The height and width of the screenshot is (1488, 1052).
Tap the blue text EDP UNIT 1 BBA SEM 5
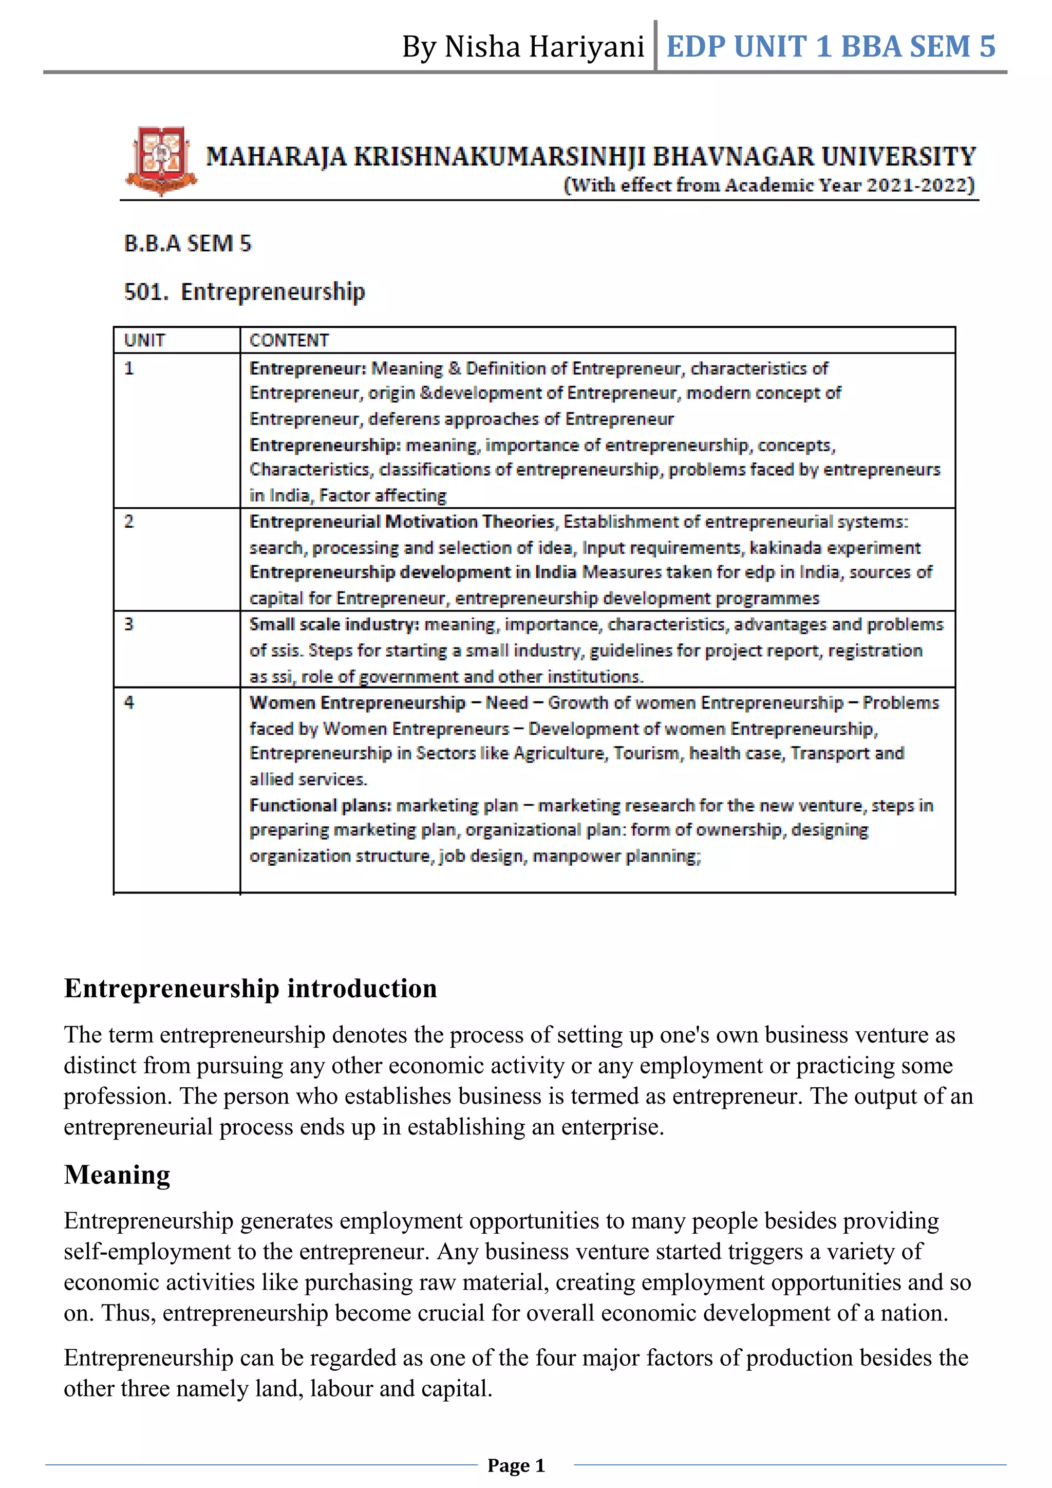pyautogui.click(x=831, y=47)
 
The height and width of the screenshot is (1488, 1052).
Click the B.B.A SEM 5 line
pyautogui.click(x=187, y=244)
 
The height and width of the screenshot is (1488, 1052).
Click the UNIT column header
pyautogui.click(x=144, y=340)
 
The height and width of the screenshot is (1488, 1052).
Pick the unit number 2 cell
pyautogui.click(x=129, y=522)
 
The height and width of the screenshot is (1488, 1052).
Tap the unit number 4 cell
pyautogui.click(x=129, y=702)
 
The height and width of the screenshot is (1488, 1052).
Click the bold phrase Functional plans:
pyautogui.click(x=321, y=806)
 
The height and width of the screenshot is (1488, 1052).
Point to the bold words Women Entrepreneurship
pyautogui.click(x=358, y=703)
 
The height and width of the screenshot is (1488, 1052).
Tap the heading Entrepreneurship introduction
pyautogui.click(x=251, y=989)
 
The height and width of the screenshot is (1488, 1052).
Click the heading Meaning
pyautogui.click(x=117, y=1175)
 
